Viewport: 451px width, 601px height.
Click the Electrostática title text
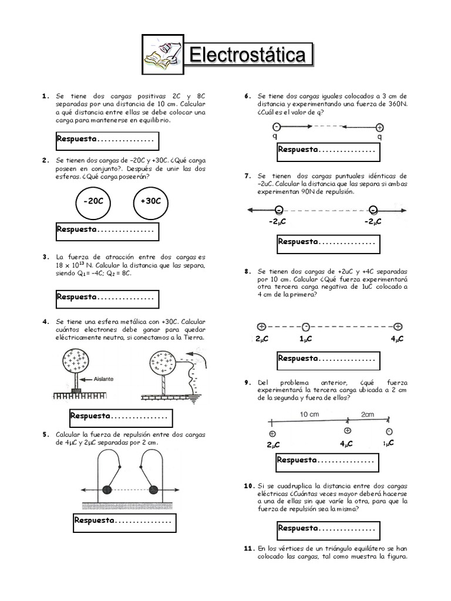pos(247,56)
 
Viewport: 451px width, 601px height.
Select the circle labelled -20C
pos(93,201)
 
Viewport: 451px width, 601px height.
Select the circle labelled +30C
pos(151,201)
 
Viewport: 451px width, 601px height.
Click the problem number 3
pos(45,257)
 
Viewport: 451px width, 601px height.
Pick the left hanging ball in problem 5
pos(107,489)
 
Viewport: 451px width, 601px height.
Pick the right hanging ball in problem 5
pos(154,489)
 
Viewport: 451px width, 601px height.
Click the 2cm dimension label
pos(368,414)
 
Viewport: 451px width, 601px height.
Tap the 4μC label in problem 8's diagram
pos(398,339)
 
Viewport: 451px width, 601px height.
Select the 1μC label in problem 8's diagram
pos(305,339)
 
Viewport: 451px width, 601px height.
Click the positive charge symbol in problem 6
pos(379,127)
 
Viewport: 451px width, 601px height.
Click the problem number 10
pos(248,487)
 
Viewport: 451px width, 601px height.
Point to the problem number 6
pos(248,96)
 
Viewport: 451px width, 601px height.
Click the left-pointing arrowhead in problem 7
pos(251,210)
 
